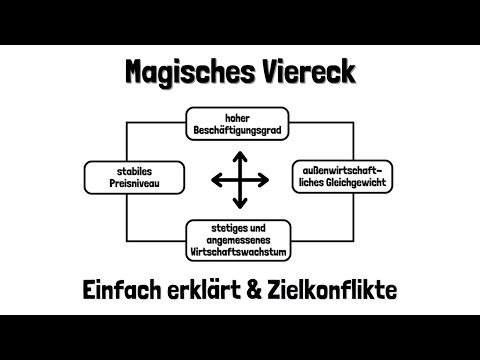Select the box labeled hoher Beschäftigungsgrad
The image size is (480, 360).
[x=240, y=122]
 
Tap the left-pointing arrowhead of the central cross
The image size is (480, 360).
[x=215, y=180]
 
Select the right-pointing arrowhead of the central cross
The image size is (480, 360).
[x=266, y=180]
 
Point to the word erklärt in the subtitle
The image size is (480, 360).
[x=215, y=290]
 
